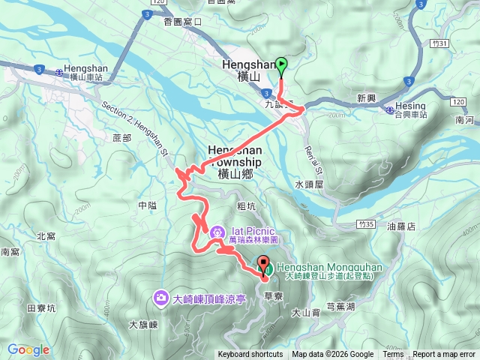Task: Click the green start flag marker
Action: tap(281, 67)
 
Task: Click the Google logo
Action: tap(28, 349)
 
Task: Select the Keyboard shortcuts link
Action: tap(250, 355)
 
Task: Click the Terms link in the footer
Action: tap(393, 355)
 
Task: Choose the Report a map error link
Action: tap(444, 355)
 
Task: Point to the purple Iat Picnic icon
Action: tap(217, 232)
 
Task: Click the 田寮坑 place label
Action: tap(41, 307)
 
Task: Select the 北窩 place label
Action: tap(46, 236)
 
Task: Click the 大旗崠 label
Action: tap(142, 325)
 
